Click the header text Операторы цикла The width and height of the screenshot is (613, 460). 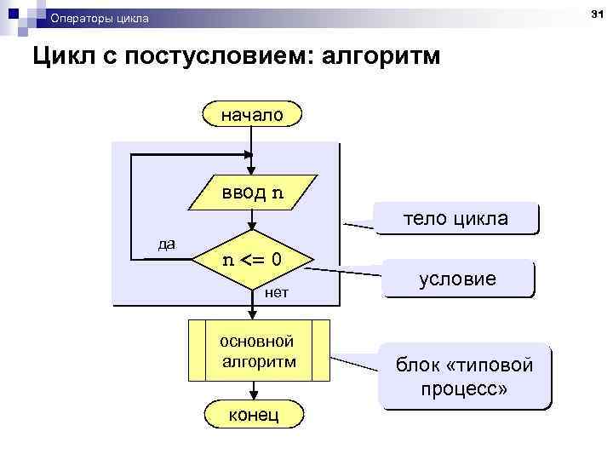point(98,18)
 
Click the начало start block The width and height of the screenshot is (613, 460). point(253,113)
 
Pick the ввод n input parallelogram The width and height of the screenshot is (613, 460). point(253,192)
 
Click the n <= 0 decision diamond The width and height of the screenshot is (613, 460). point(253,260)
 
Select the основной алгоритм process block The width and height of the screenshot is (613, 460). point(259,350)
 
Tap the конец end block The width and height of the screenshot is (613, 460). point(253,414)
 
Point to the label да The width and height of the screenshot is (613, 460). point(167,244)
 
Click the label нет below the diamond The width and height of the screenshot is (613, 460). point(278,293)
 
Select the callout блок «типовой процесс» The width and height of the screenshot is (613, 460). point(465,377)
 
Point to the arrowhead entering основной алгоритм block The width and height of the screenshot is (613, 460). point(253,314)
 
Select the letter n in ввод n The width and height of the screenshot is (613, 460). point(278,192)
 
